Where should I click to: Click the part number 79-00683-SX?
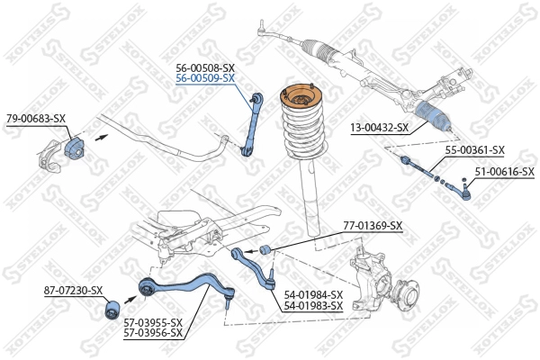36,118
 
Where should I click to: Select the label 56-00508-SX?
206,67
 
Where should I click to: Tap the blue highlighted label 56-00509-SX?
206,78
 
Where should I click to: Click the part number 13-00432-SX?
380,129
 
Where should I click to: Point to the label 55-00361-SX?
475,150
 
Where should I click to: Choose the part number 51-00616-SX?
504,171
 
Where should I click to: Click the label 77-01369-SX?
373,225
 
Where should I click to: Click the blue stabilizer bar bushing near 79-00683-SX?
76,148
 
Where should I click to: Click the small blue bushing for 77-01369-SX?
265,248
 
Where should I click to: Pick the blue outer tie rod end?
464,188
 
